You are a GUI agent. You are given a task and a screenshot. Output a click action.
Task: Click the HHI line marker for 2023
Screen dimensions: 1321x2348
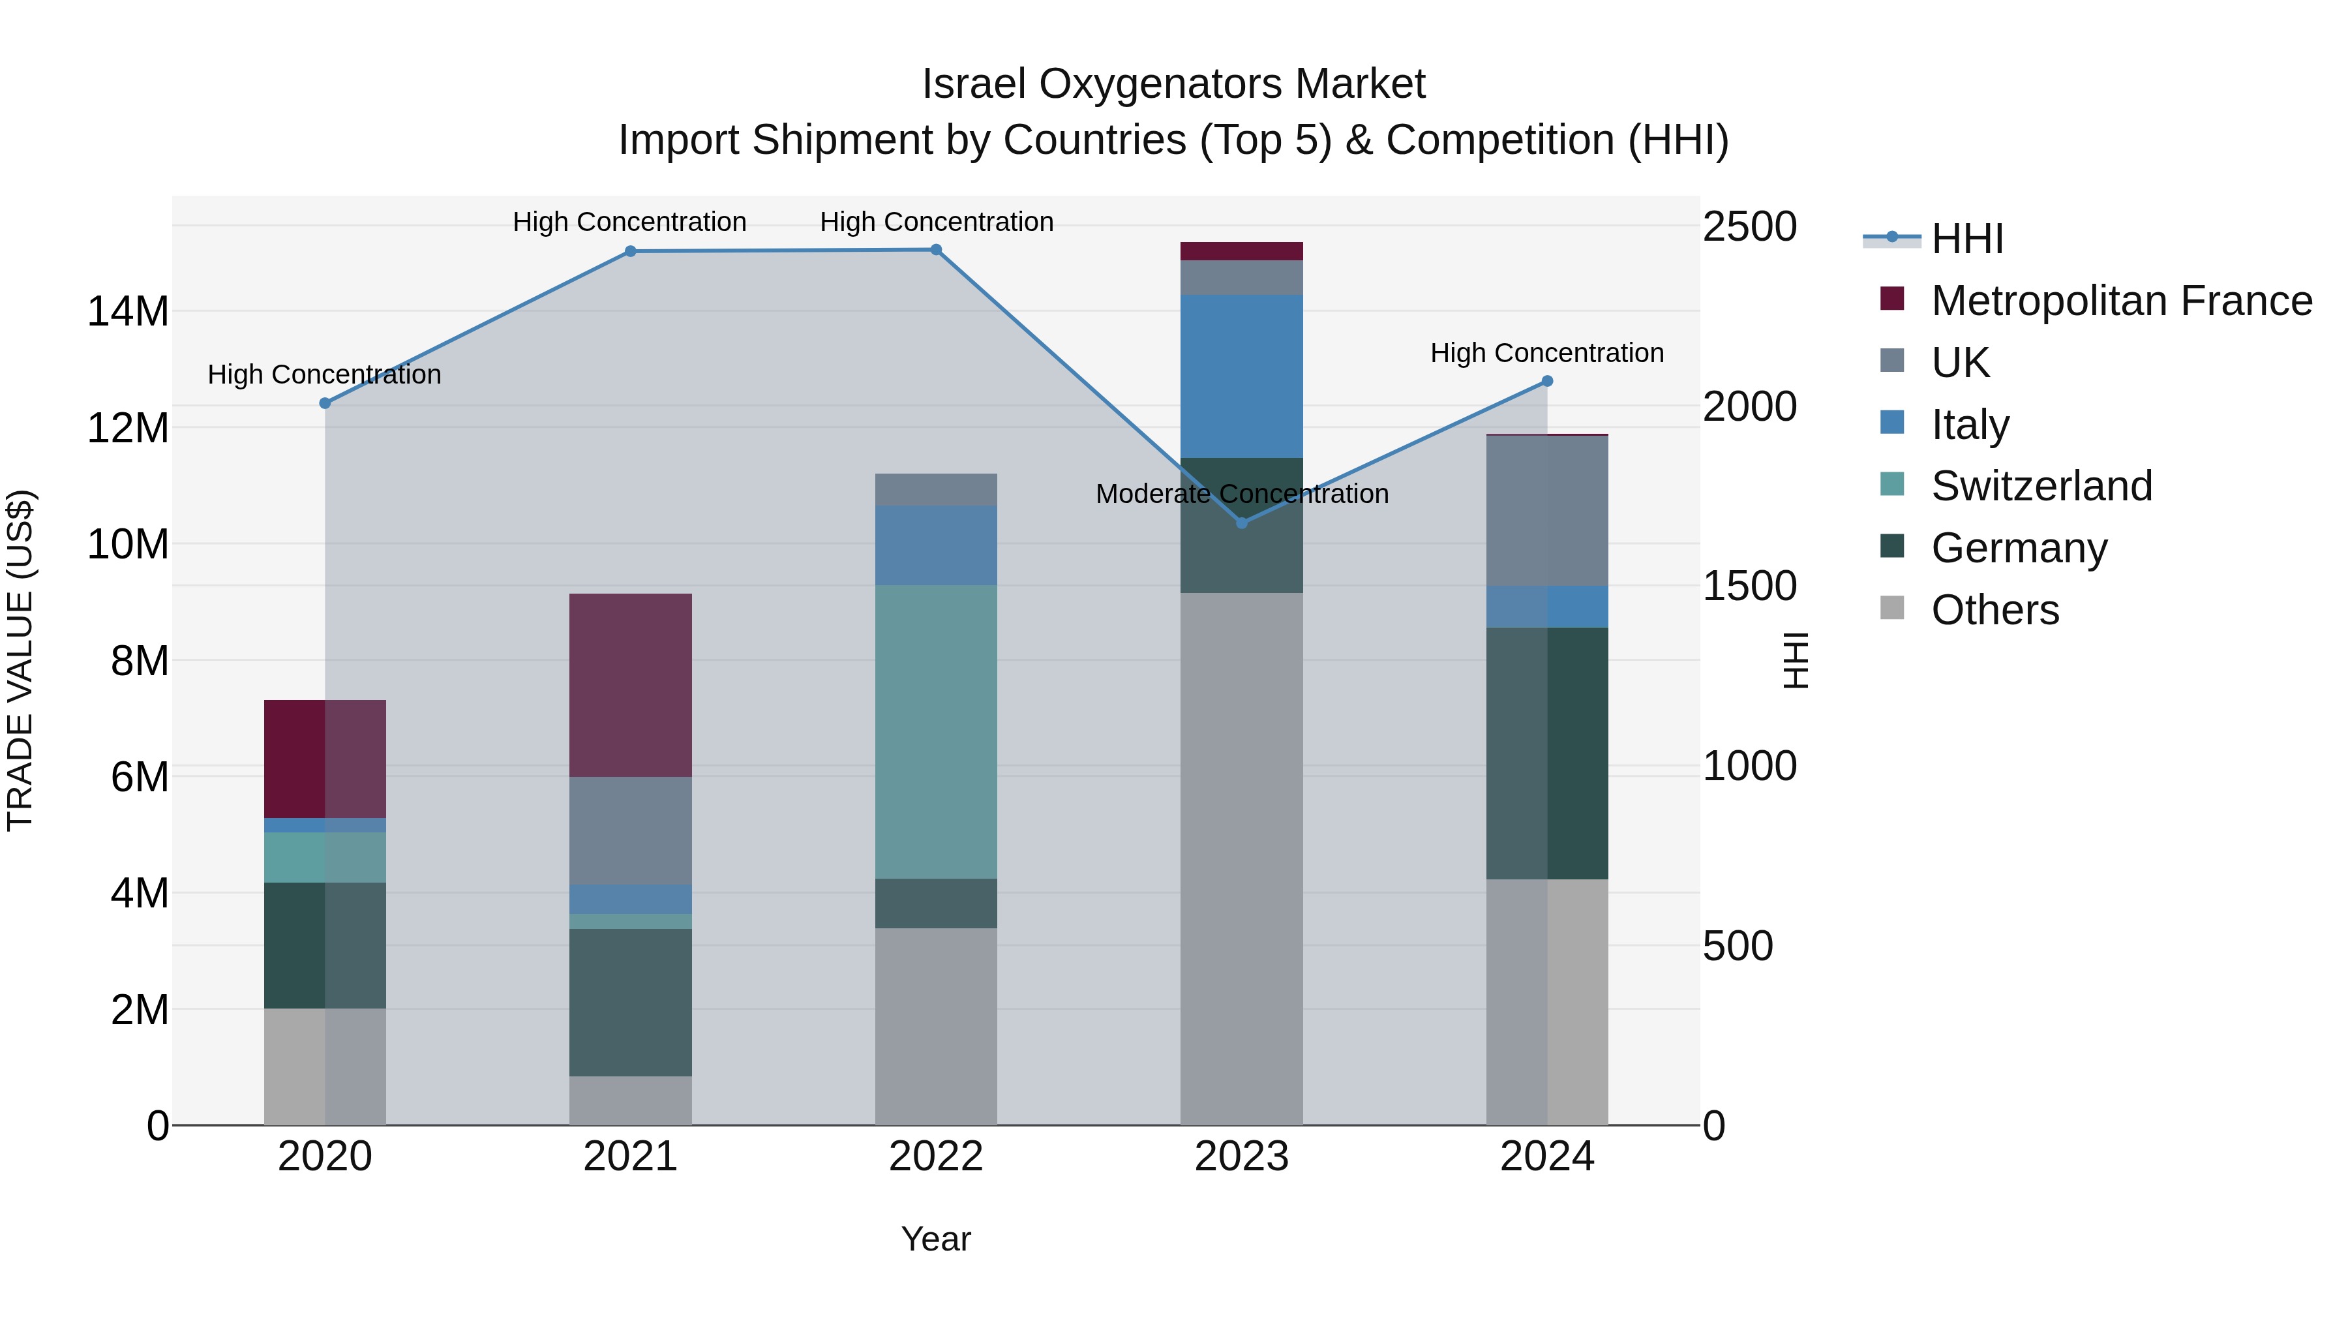(x=1241, y=523)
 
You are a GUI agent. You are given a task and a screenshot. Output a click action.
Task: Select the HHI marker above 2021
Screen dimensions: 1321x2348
(x=630, y=252)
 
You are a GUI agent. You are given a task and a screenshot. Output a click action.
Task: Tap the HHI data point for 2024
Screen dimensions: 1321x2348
(x=1547, y=381)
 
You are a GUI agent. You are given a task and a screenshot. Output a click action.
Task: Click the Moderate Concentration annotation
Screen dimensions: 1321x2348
(x=1241, y=494)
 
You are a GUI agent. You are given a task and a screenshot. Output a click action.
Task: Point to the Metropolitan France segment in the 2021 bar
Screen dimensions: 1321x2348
(x=630, y=685)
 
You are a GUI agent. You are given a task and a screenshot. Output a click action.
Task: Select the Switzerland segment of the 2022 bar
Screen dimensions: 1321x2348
(x=935, y=731)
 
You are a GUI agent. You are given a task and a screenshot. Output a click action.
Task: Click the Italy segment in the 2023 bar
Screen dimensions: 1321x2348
(x=1241, y=376)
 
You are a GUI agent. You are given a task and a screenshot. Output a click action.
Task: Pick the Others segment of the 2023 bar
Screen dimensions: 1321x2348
(x=1241, y=858)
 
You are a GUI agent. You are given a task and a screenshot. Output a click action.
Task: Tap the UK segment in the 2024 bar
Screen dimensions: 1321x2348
(x=1547, y=511)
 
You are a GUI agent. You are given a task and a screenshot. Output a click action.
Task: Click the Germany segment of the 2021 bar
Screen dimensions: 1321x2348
(x=630, y=1002)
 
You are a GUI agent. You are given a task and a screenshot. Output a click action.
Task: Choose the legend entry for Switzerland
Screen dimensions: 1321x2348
(x=2041, y=486)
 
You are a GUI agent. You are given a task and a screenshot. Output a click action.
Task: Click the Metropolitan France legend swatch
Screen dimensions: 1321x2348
(x=1892, y=299)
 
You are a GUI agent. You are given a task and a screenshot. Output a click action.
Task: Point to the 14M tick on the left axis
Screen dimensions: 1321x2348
(x=128, y=312)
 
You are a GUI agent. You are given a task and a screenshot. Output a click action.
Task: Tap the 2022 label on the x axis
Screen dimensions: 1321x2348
(x=935, y=1157)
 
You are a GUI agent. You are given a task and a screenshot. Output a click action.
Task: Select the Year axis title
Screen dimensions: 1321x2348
(x=935, y=1239)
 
